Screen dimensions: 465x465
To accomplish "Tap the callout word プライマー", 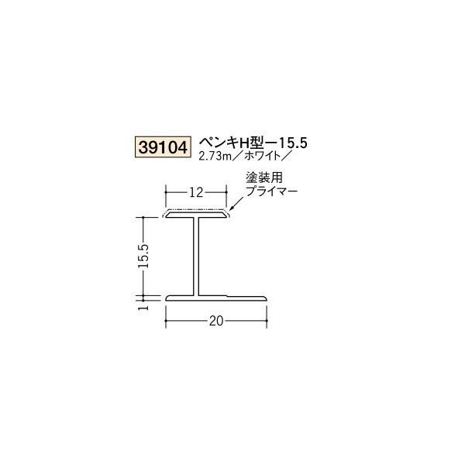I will [x=272, y=190].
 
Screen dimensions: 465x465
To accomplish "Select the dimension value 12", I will [x=197, y=190].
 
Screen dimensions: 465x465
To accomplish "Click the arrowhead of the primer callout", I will [x=232, y=207].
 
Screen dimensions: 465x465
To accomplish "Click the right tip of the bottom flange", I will [x=266, y=297].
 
